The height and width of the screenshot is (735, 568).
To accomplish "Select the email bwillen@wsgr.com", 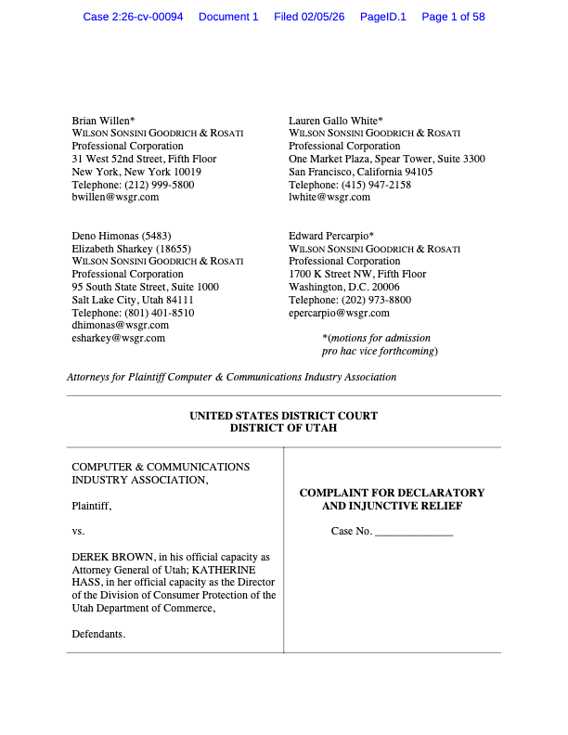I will coord(115,197).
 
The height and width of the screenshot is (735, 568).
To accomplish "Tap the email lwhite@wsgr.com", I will coord(329,197).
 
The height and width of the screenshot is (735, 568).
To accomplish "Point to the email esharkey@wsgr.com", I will coord(118,338).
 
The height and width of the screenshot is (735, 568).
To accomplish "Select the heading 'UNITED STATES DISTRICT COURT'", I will coord(283,416).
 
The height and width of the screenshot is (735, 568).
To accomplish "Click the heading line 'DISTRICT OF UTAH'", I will coord(283,428).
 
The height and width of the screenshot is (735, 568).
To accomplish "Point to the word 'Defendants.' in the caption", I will coord(98,634).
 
